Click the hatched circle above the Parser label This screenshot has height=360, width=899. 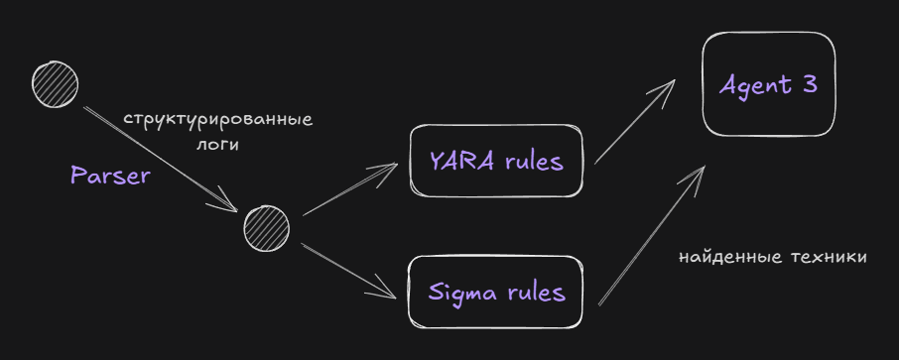click(55, 85)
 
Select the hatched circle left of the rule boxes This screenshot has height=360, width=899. click(267, 228)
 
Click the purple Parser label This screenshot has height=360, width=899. click(109, 176)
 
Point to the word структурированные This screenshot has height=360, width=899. click(218, 121)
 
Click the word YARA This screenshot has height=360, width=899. click(461, 162)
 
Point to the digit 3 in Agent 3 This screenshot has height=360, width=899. click(810, 85)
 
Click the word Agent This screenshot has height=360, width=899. click(755, 86)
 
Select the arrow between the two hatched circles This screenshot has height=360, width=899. click(161, 160)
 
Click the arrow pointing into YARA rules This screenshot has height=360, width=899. click(350, 189)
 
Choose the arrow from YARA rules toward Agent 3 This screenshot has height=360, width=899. click(635, 122)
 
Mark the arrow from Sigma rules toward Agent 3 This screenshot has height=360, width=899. click(652, 235)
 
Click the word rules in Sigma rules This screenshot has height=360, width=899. click(537, 293)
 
